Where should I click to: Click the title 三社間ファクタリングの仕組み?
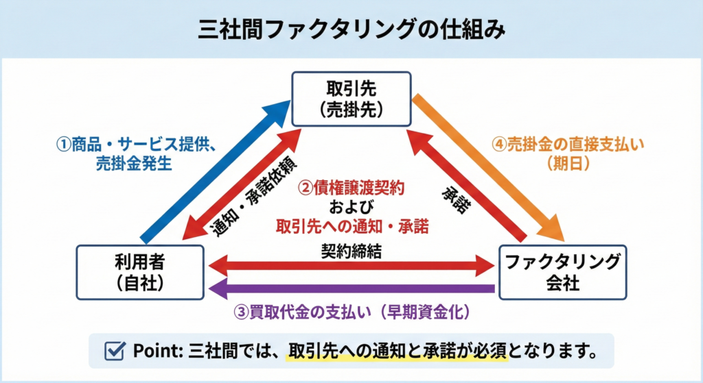(351, 29)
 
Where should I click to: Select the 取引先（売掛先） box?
(351, 99)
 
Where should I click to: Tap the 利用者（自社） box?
(140, 272)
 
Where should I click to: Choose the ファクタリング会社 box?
(562, 272)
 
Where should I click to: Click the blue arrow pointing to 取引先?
(213, 171)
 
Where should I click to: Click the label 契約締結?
(351, 251)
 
